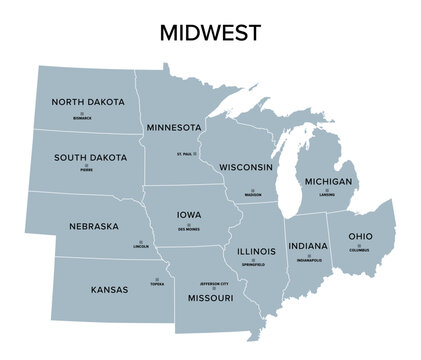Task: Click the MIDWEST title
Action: [210, 33]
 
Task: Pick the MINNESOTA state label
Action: [175, 128]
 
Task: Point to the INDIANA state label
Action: [307, 246]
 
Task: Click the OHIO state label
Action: [359, 236]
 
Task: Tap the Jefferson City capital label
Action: [210, 283]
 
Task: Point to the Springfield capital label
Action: [253, 264]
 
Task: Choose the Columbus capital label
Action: [359, 250]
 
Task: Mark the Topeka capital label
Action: [157, 284]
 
